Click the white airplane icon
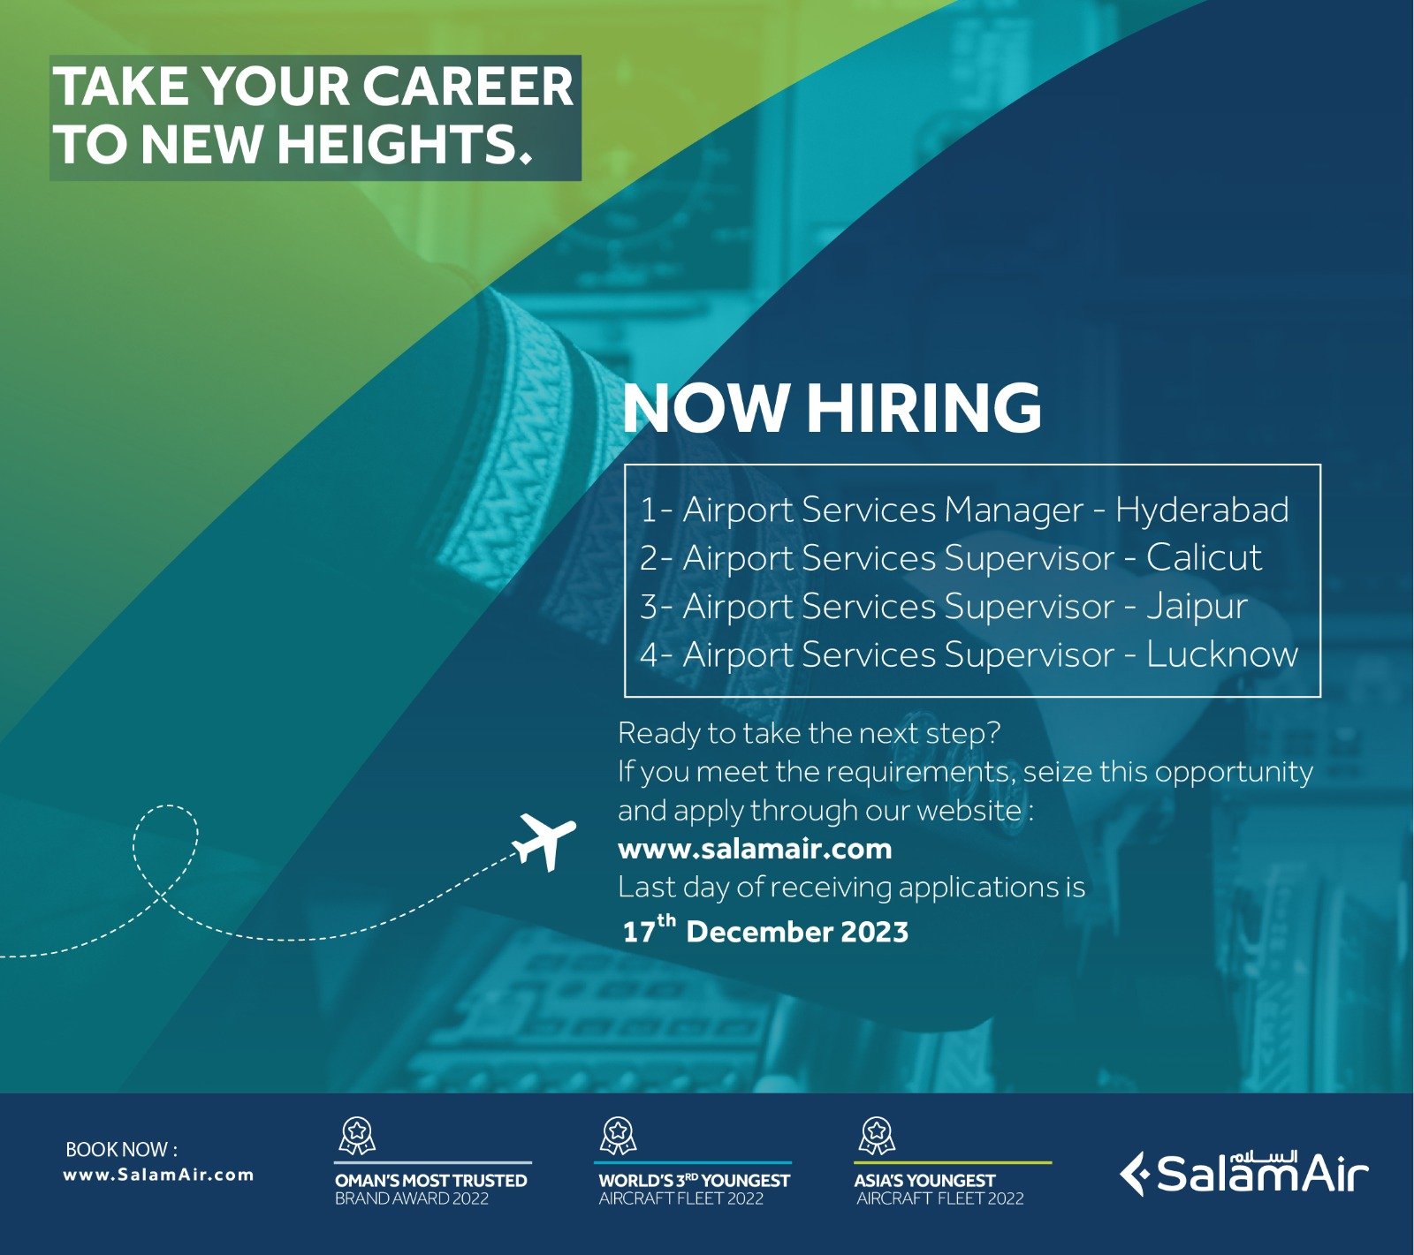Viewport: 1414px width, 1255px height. point(544,842)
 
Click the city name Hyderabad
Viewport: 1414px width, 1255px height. point(1202,510)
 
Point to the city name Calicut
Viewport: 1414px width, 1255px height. point(1205,558)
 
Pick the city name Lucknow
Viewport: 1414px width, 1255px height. point(1222,655)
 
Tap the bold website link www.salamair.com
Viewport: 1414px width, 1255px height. point(755,849)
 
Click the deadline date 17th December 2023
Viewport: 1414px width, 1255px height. point(765,930)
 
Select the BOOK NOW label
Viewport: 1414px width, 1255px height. point(121,1149)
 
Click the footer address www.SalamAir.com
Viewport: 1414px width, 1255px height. point(158,1175)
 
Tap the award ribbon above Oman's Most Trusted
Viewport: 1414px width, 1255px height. point(357,1136)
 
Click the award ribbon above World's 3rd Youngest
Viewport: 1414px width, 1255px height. point(618,1136)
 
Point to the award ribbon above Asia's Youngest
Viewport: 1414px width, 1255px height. point(877,1136)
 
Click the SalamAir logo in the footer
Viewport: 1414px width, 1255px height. point(1243,1173)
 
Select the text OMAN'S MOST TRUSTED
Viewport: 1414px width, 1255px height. point(430,1180)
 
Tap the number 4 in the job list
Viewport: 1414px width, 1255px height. point(650,656)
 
